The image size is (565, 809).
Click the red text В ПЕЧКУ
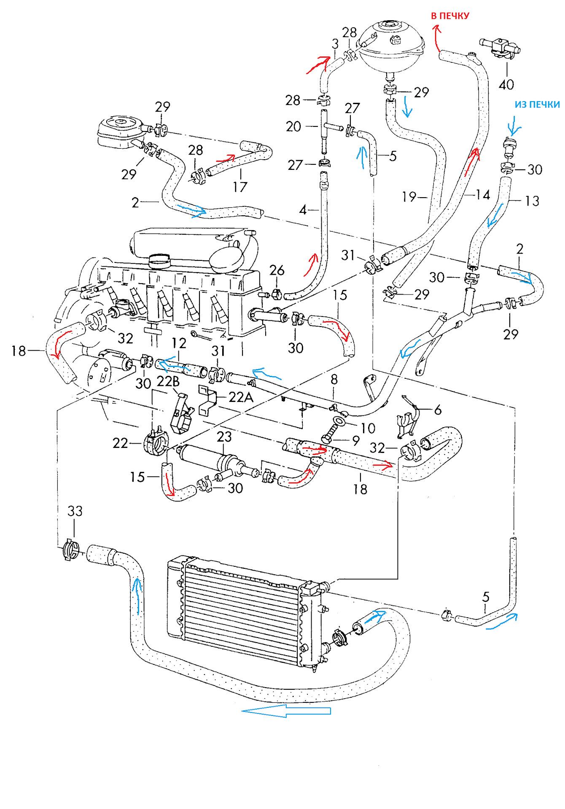pyautogui.click(x=449, y=16)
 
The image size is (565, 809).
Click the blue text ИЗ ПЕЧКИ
pyautogui.click(x=537, y=105)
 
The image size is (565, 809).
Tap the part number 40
pyautogui.click(x=506, y=85)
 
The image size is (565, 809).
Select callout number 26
pyautogui.click(x=277, y=270)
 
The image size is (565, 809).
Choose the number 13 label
pyautogui.click(x=532, y=201)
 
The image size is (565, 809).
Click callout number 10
pyautogui.click(x=368, y=428)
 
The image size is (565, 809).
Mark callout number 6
pyautogui.click(x=438, y=409)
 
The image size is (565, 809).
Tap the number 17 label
pyautogui.click(x=240, y=186)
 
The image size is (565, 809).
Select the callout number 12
pyautogui.click(x=179, y=344)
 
